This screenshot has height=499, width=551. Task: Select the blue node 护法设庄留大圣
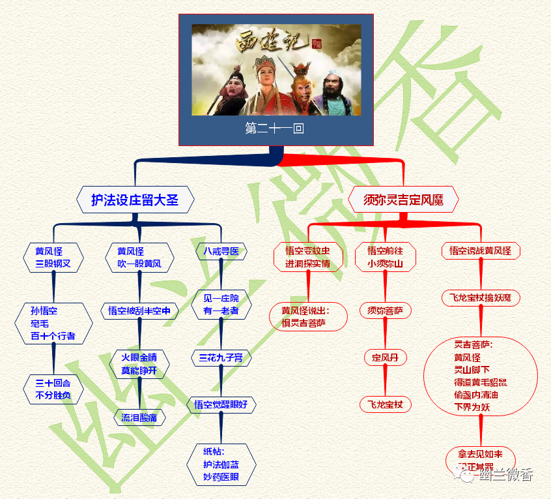point(135,200)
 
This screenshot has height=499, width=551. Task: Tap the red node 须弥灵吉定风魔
point(403,200)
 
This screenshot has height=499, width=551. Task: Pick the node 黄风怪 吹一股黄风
point(139,257)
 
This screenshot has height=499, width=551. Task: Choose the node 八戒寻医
point(221,251)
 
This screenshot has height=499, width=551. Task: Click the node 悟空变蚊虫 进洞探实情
point(307,257)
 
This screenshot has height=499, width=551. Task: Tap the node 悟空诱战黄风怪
point(481,250)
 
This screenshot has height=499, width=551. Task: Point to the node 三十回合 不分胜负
point(53,389)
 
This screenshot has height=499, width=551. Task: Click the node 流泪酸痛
point(139,417)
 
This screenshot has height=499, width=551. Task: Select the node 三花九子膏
point(221,357)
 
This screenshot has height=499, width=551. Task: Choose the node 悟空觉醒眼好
point(221,404)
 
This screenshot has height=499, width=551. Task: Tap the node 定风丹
point(386,357)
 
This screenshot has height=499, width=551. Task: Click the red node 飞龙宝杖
point(386,405)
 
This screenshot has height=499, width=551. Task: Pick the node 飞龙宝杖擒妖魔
point(481,298)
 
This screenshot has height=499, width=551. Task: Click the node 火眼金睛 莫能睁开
point(139,364)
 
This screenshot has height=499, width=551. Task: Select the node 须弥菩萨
point(386,310)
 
